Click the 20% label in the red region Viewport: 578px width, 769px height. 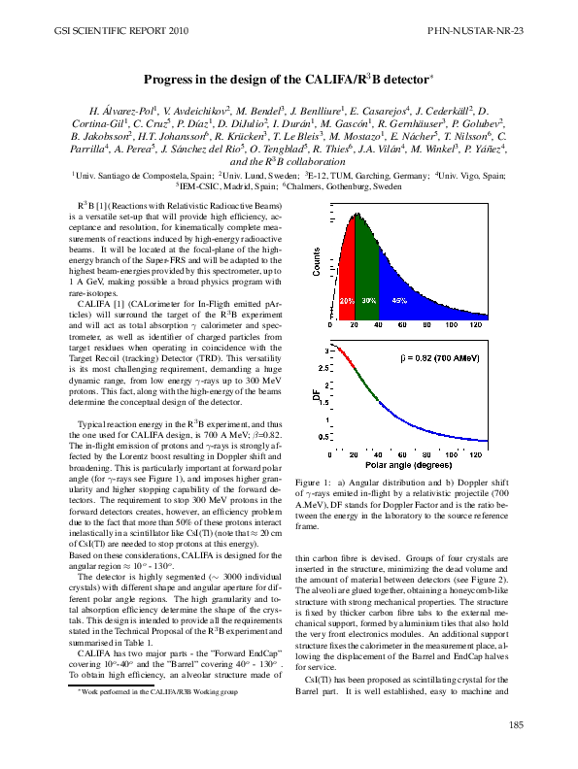[x=347, y=301]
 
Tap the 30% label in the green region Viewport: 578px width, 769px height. [x=369, y=301]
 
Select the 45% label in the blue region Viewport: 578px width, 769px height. [x=399, y=301]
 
